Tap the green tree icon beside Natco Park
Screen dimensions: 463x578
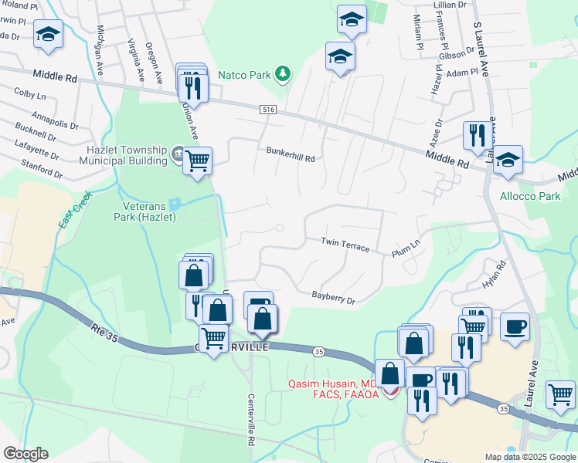tap(284, 74)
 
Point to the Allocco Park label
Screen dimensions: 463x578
tap(530, 196)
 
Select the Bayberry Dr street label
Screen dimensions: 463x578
tap(333, 296)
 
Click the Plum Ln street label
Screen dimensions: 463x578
tap(405, 248)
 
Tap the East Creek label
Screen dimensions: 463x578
tap(76, 208)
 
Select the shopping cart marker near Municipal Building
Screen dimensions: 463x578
tap(198, 160)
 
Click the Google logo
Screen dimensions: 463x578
tap(25, 454)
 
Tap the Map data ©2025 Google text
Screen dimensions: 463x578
tap(529, 457)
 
